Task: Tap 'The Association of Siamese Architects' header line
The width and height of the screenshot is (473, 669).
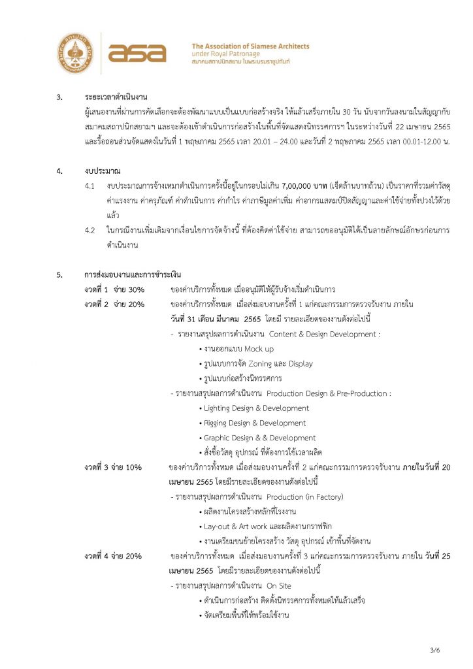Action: (x=250, y=46)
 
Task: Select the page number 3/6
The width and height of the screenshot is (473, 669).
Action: (x=436, y=650)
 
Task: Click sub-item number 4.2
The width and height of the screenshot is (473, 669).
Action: (x=90, y=231)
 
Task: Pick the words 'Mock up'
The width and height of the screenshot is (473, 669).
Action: (x=259, y=350)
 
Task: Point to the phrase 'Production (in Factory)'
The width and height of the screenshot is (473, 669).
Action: (x=305, y=498)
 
